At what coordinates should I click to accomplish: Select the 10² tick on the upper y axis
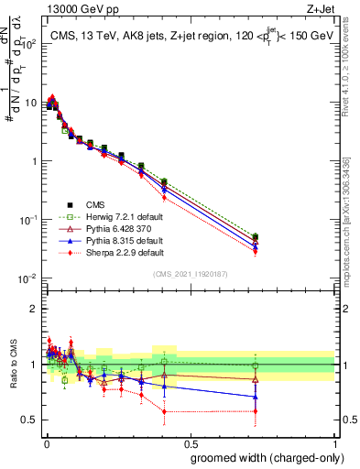27,44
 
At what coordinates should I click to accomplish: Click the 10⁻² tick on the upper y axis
27,278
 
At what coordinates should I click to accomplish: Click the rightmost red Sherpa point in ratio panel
255,410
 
